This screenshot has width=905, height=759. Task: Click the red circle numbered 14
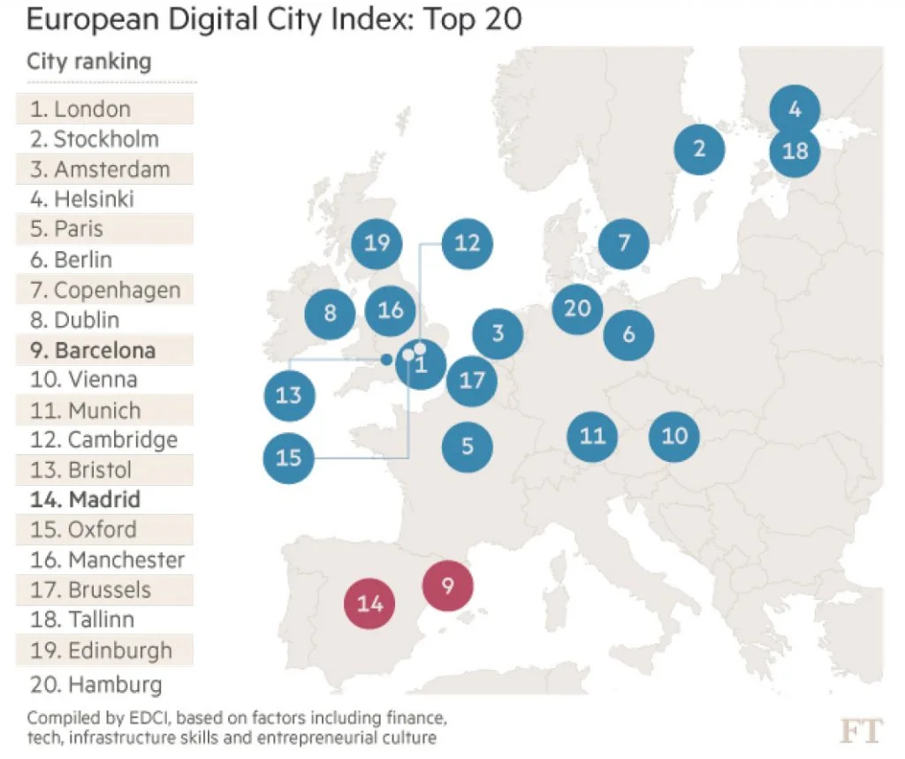tap(369, 603)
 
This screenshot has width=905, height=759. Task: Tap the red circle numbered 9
tap(448, 585)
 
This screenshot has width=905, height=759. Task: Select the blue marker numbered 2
tap(700, 148)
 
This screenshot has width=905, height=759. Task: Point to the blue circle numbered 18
tap(795, 151)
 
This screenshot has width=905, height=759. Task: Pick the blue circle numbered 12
tap(467, 242)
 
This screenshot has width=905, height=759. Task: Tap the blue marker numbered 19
tap(376, 242)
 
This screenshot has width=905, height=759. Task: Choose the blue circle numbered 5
tap(468, 446)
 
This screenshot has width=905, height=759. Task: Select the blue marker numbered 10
tap(674, 436)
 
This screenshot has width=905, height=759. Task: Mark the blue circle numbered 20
tap(577, 307)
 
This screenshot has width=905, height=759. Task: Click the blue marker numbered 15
tap(289, 458)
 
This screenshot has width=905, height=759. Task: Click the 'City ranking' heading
tap(88, 62)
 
